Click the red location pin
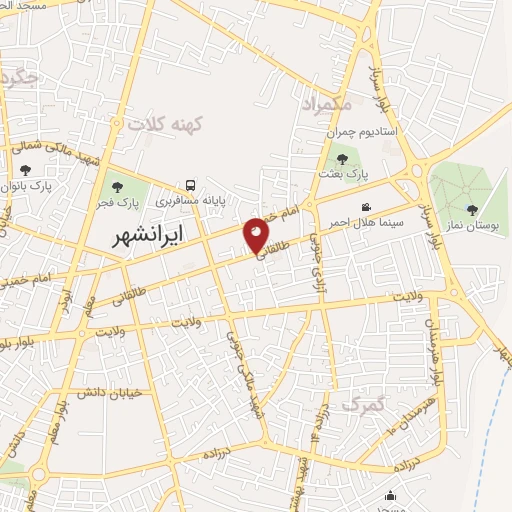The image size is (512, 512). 257,235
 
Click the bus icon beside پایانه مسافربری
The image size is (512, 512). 190,186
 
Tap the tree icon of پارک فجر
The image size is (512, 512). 118,187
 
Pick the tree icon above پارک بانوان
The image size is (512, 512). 25,171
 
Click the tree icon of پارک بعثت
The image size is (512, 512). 342,158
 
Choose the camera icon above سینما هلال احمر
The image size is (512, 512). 366,207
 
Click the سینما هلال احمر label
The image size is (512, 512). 369,222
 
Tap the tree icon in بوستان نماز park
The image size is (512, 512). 472,210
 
